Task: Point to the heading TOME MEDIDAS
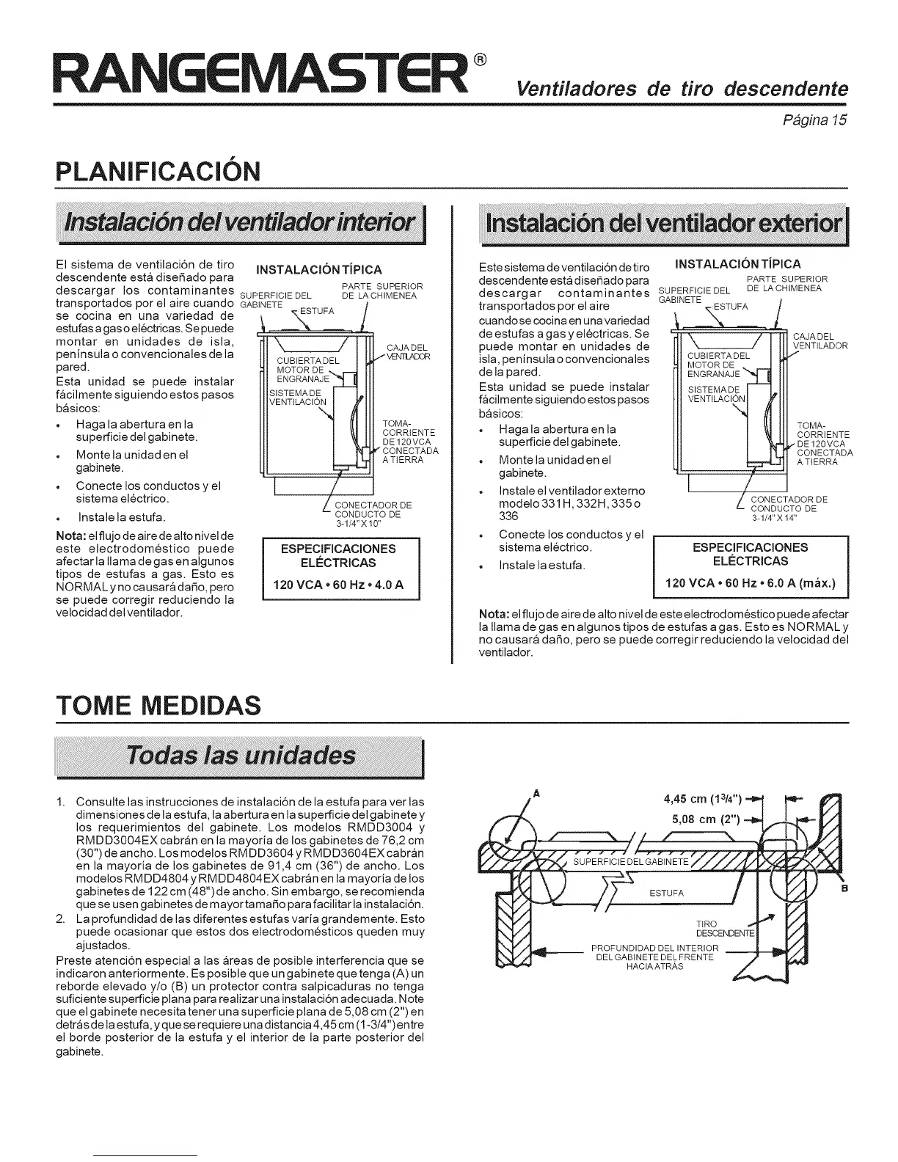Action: click(x=158, y=706)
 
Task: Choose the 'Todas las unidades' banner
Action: click(x=241, y=756)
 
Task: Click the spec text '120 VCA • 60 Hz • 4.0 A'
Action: click(x=339, y=585)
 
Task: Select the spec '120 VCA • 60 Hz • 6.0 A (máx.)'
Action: click(x=750, y=585)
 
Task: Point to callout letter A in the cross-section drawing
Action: click(x=536, y=793)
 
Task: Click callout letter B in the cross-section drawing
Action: click(x=844, y=888)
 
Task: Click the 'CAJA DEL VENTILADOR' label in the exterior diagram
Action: click(x=820, y=341)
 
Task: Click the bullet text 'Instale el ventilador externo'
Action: click(x=572, y=490)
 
